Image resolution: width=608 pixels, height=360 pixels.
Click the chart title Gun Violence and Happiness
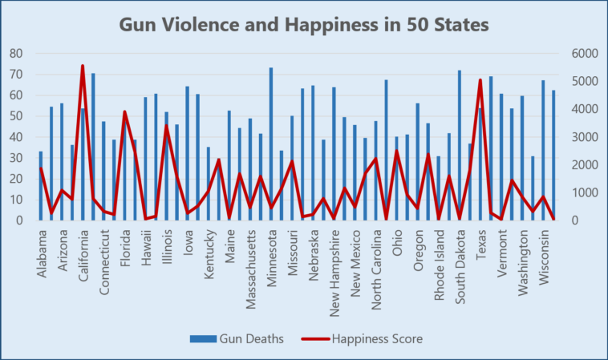pyautogui.click(x=303, y=24)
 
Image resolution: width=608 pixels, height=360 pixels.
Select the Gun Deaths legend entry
pyautogui.click(x=237, y=339)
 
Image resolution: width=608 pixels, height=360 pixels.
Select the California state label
pyautogui.click(x=83, y=255)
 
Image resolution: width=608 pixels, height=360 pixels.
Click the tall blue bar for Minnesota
pyautogui.click(x=271, y=144)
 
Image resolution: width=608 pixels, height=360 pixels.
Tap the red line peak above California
pyautogui.click(x=83, y=66)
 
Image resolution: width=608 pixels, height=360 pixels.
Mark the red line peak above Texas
pyautogui.click(x=480, y=80)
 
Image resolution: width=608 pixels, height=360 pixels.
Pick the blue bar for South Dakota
pyautogui.click(x=460, y=145)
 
